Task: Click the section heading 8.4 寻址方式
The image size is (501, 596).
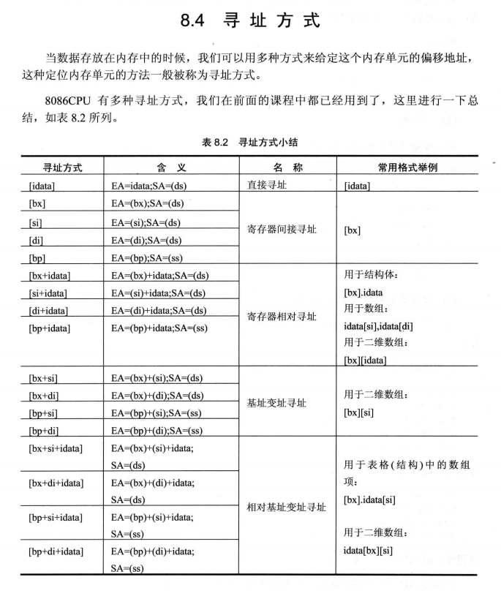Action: [251, 20]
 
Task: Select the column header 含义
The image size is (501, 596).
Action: [171, 167]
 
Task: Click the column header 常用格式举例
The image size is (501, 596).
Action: [408, 167]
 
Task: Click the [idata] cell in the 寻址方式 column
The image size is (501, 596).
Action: [45, 186]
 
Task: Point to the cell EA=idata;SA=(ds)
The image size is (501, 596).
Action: [148, 186]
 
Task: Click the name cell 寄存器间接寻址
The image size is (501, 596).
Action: [282, 230]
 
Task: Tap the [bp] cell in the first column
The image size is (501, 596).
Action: [37, 257]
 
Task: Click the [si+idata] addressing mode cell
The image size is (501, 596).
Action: [49, 293]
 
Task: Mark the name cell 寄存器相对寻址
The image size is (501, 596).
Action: [282, 317]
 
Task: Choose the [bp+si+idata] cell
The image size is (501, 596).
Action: [56, 517]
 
